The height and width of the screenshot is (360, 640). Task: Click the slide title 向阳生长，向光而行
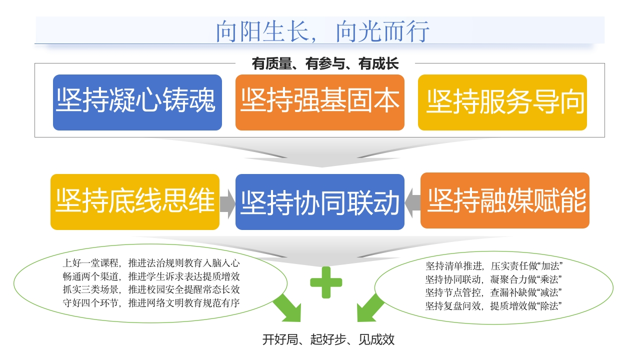pyautogui.click(x=322, y=31)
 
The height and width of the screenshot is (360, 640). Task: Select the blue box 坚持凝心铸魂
pyautogui.click(x=137, y=102)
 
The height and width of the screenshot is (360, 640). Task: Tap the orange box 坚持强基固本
pyautogui.click(x=319, y=102)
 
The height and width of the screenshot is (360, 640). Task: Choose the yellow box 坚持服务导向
pyautogui.click(x=502, y=102)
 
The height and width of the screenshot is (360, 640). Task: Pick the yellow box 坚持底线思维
pyautogui.click(x=135, y=202)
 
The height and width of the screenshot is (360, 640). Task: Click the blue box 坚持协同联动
pyautogui.click(x=319, y=202)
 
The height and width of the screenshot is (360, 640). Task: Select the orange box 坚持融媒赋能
pyautogui.click(x=504, y=200)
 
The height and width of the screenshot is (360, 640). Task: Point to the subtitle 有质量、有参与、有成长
pyautogui.click(x=325, y=64)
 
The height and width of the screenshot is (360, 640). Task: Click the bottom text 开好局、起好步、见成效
pyautogui.click(x=328, y=339)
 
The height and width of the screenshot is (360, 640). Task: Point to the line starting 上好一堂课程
pyautogui.click(x=151, y=262)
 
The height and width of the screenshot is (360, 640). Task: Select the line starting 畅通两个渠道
pyautogui.click(x=151, y=276)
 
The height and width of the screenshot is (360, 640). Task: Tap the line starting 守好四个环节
pyautogui.click(x=151, y=302)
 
